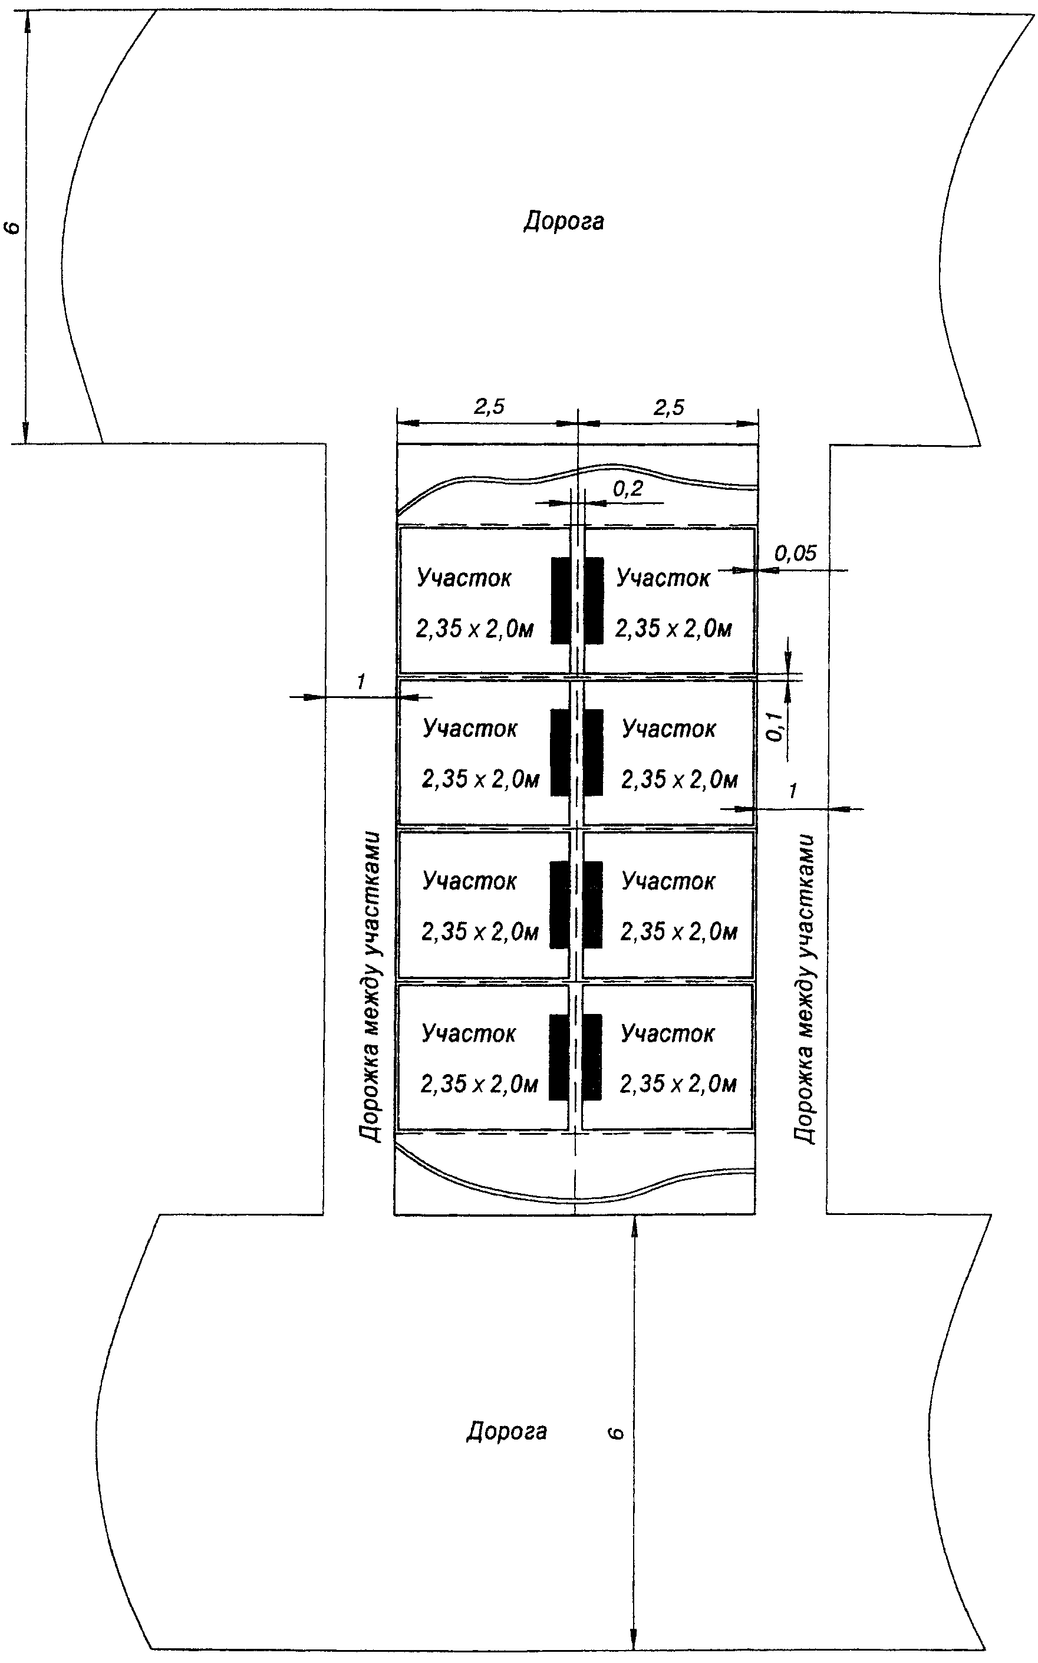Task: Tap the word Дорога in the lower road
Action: point(507,1431)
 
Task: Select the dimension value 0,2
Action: point(628,488)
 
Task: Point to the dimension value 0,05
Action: point(796,553)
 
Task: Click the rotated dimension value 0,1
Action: point(775,726)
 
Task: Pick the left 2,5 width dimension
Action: point(489,407)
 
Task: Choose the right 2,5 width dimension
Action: point(668,408)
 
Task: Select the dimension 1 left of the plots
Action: point(360,682)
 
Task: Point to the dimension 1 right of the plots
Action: point(793,791)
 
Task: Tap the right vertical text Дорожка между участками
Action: point(805,989)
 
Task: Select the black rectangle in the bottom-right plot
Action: point(592,1058)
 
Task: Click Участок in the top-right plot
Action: point(663,578)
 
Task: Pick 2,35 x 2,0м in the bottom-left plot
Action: point(479,1084)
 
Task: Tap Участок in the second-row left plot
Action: point(470,729)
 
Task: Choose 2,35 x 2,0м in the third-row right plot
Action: point(679,932)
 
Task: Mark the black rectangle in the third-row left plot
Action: point(560,904)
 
